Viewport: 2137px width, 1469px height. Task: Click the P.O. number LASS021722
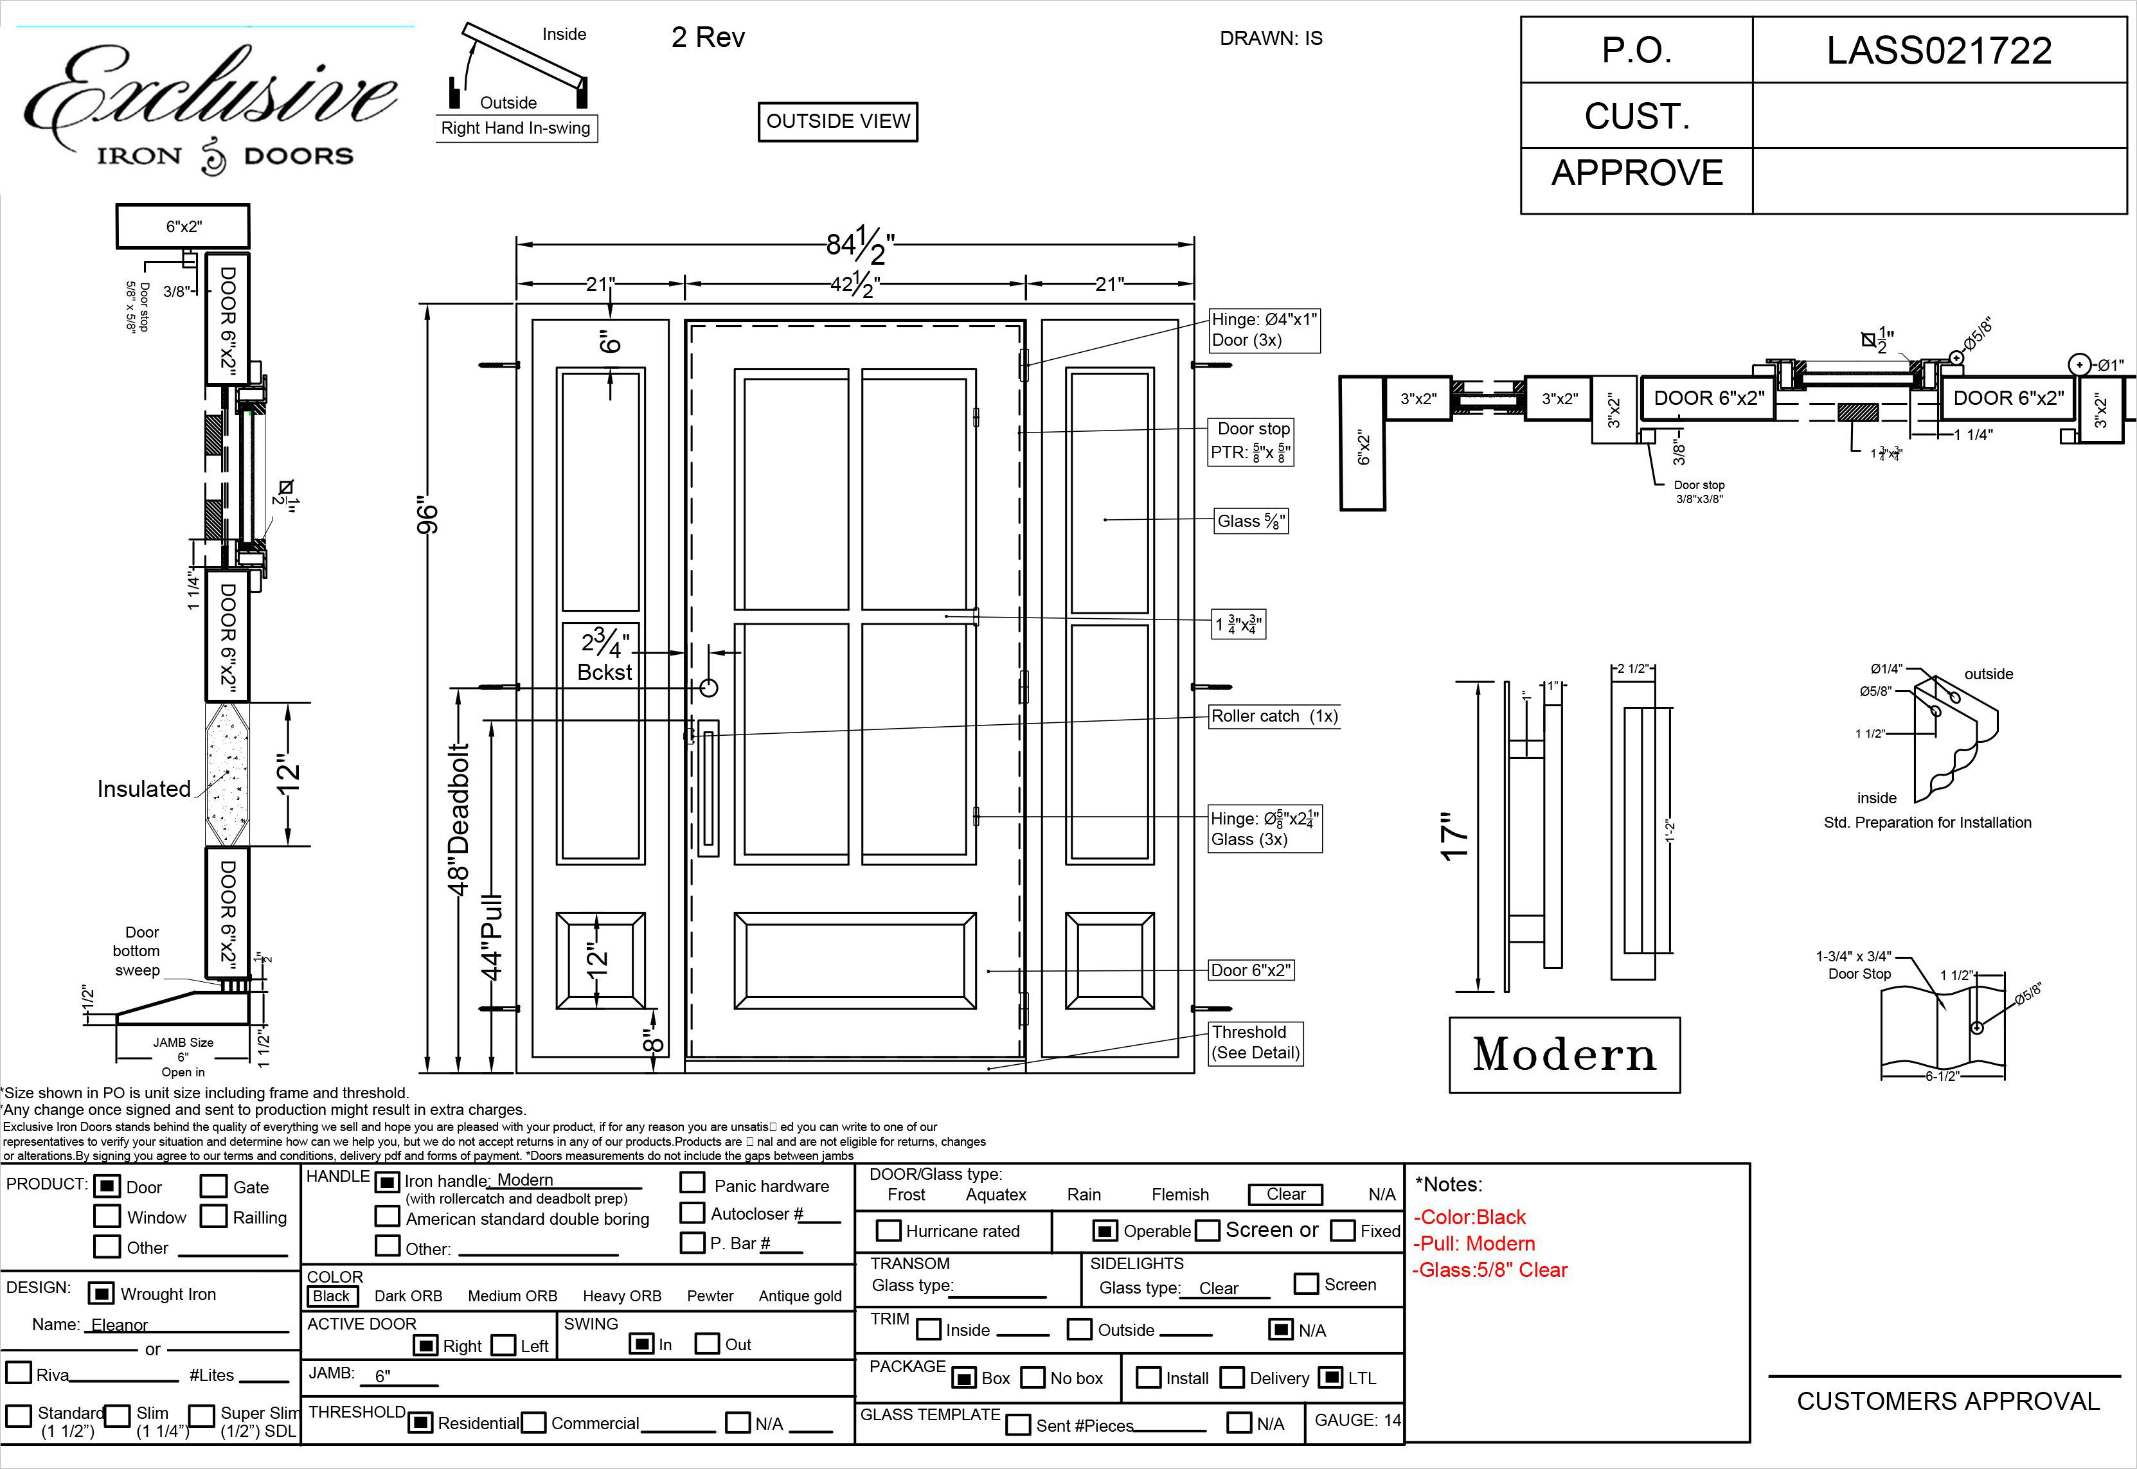click(x=1938, y=51)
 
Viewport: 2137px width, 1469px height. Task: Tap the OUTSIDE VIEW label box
click(x=837, y=121)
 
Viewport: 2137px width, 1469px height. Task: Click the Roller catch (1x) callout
click(x=1274, y=716)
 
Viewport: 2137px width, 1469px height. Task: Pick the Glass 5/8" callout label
click(x=1250, y=521)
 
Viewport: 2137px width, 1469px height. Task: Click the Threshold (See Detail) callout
click(x=1255, y=1042)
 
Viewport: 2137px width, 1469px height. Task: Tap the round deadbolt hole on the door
click(x=708, y=687)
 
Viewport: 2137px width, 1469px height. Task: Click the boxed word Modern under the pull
click(x=1564, y=1055)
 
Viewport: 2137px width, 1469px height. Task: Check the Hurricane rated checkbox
click(x=888, y=1231)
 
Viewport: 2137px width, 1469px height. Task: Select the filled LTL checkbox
click(x=1330, y=1378)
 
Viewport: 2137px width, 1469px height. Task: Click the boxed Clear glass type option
click(x=1285, y=1194)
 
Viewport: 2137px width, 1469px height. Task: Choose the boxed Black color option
click(x=332, y=1296)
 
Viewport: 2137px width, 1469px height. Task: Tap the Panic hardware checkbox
click(x=692, y=1184)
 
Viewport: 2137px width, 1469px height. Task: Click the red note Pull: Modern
click(x=1474, y=1243)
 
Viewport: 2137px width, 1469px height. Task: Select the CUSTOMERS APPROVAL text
click(x=1947, y=1401)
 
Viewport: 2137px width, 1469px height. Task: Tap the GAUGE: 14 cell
click(x=1357, y=1420)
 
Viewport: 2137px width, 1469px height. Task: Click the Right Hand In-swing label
click(x=515, y=128)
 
